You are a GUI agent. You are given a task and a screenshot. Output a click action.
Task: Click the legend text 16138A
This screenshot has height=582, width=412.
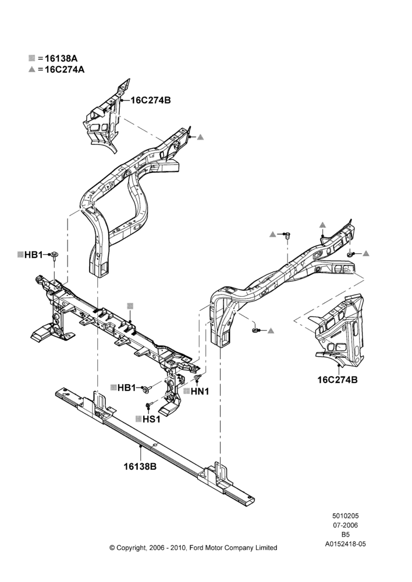61,58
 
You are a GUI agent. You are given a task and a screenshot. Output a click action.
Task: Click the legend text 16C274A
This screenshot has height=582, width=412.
65,69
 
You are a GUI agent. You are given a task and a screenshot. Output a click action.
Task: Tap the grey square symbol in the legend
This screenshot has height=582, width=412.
31,58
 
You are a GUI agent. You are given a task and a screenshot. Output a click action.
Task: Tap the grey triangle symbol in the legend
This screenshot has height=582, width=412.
32,69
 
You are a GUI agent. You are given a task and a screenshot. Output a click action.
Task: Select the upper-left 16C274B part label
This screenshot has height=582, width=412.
151,100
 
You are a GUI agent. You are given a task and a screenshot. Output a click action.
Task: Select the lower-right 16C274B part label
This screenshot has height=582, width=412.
338,379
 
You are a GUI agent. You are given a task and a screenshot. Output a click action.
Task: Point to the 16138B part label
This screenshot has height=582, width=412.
140,467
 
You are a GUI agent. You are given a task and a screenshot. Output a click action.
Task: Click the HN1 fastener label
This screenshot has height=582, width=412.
200,391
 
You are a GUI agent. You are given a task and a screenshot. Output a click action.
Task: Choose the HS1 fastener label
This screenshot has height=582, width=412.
151,419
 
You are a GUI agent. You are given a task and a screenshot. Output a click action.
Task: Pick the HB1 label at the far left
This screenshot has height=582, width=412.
33,255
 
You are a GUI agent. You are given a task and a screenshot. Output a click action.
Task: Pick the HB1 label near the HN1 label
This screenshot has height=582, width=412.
127,388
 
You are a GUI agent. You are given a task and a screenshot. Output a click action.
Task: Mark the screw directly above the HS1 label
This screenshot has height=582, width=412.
148,404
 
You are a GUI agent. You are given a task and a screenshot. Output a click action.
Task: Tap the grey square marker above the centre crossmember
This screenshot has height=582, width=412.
130,306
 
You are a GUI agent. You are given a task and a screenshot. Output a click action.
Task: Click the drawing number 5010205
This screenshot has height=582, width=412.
345,516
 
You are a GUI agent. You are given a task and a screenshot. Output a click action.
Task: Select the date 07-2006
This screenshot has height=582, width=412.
345,525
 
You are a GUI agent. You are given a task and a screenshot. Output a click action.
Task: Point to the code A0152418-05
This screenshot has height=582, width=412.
345,544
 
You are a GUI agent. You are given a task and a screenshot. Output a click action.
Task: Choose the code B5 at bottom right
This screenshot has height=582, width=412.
345,534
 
